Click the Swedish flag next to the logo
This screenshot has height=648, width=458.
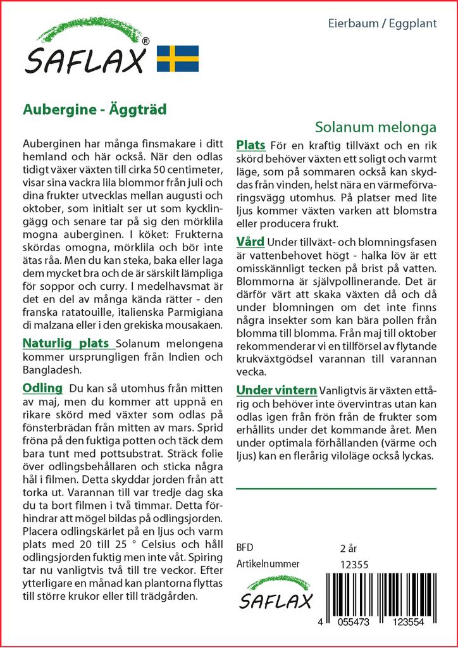pyautogui.click(x=178, y=58)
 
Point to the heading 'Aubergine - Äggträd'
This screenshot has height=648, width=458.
pyautogui.click(x=95, y=109)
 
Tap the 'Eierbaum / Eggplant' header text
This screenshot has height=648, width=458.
pyautogui.click(x=392, y=24)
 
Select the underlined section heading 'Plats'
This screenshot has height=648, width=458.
pyautogui.click(x=251, y=146)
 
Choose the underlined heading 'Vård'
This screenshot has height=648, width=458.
pyautogui.click(x=251, y=242)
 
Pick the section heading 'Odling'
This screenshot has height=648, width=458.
pyautogui.click(x=42, y=387)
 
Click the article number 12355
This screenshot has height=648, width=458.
pyautogui.click(x=354, y=564)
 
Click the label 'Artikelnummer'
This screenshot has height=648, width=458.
pyautogui.click(x=268, y=564)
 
